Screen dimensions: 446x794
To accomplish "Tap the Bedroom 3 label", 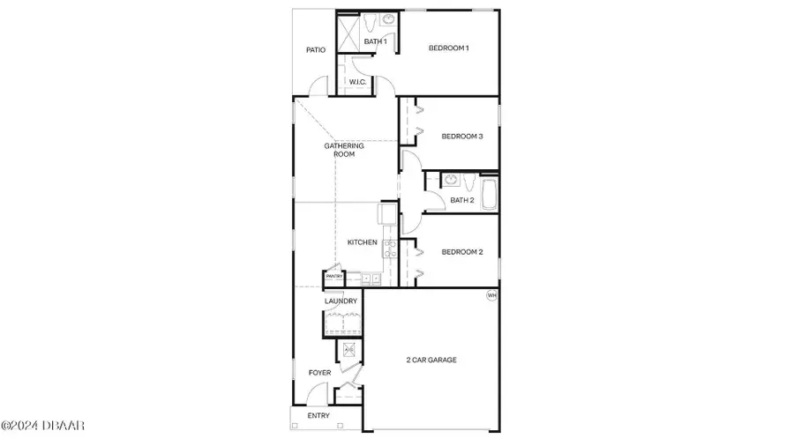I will tap(462, 136).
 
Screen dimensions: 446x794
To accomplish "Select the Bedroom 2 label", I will tap(462, 252).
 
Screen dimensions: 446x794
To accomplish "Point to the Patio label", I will tap(316, 50).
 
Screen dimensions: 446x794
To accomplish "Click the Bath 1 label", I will tap(376, 41).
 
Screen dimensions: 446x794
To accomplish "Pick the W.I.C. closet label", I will tap(357, 82).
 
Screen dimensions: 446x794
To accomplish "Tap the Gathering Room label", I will tap(339, 150).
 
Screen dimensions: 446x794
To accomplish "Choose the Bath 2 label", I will tap(462, 201).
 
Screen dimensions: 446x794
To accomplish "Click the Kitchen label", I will tap(362, 242).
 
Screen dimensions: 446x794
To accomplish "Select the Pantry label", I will tap(334, 277).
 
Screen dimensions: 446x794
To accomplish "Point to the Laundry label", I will tap(341, 301).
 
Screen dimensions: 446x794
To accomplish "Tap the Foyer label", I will tap(319, 373).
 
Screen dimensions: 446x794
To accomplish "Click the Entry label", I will tap(318, 416).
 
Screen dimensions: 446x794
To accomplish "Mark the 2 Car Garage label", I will tap(431, 360).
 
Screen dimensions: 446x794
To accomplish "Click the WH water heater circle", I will tap(491, 296).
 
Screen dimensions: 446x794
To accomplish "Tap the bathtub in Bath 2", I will tap(488, 192).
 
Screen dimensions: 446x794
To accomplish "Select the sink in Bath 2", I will tap(452, 181).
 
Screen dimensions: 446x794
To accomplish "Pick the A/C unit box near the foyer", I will tap(348, 351).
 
